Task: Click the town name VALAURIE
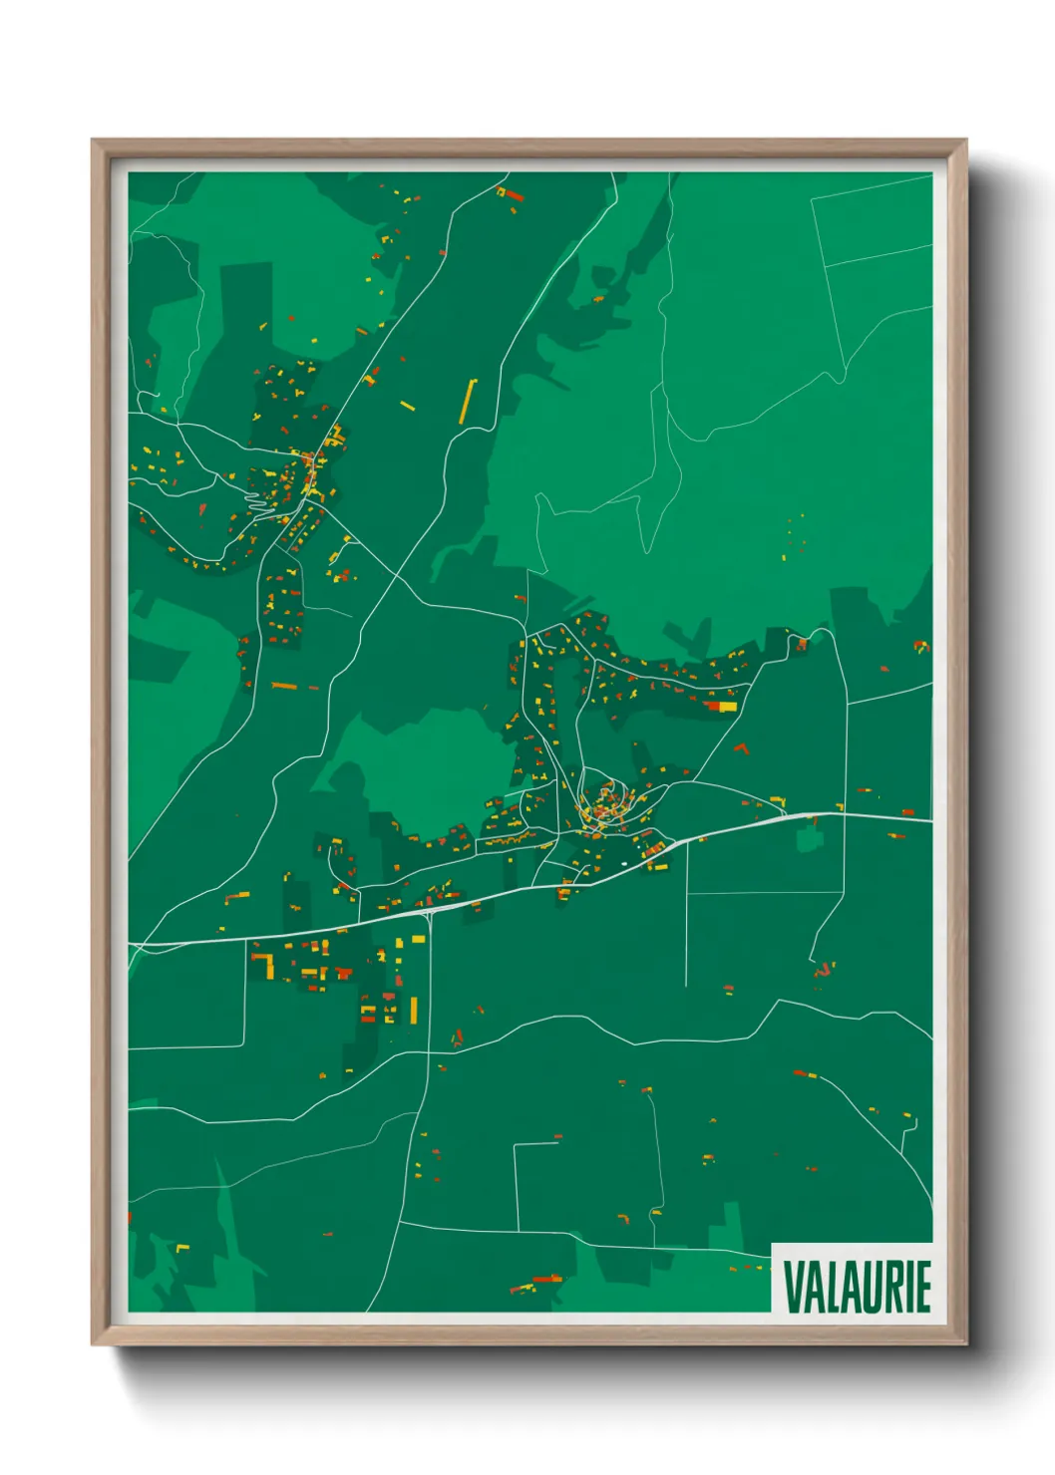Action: click(x=857, y=1286)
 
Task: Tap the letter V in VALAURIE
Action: click(x=794, y=1286)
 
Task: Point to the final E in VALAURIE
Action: click(x=923, y=1286)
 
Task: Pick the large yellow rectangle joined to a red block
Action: click(x=725, y=707)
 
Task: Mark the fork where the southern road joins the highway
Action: click(x=429, y=911)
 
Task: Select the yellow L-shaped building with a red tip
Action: click(x=265, y=963)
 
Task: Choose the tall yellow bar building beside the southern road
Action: click(x=413, y=1010)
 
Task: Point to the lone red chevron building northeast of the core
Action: click(x=741, y=746)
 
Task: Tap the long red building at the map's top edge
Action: click(x=511, y=195)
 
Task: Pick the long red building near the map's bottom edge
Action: click(x=546, y=1280)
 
